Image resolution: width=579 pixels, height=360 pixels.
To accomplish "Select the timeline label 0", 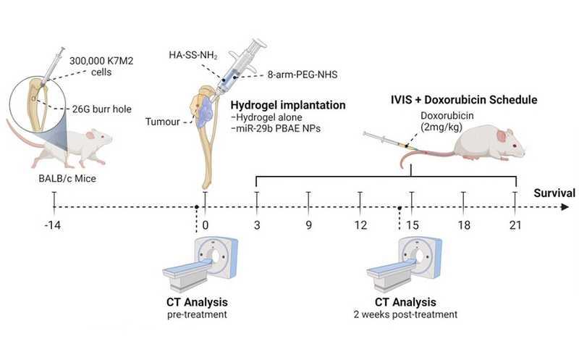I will [206, 226].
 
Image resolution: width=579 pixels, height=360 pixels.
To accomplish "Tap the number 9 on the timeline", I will [308, 226].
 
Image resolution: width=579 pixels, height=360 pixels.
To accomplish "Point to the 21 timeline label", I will [515, 226].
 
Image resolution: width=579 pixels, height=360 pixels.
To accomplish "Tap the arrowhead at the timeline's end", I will [565, 207].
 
